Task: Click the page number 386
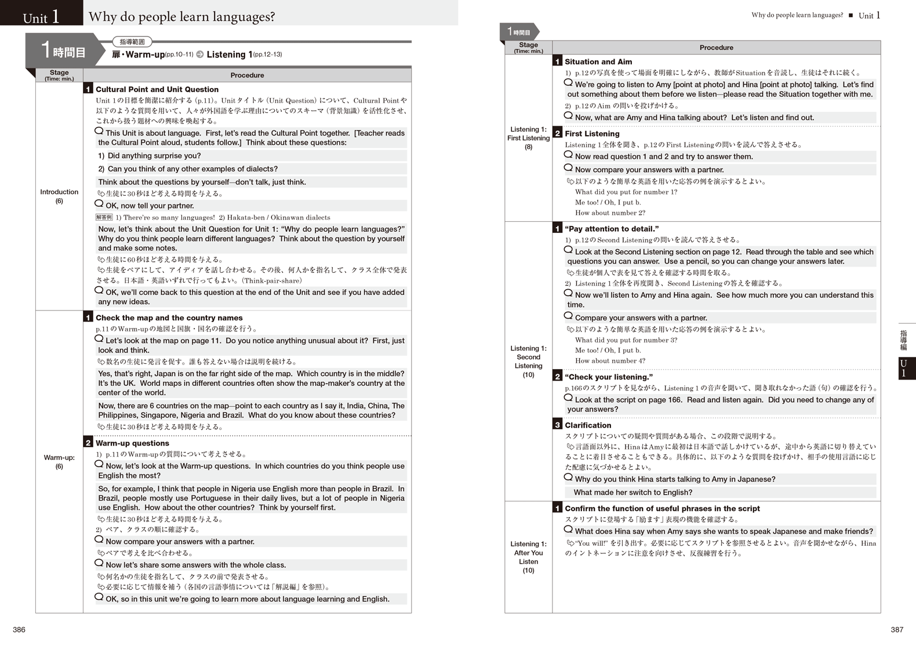pos(19,630)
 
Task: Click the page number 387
pos(896,630)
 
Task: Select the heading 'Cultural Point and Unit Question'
pos(157,89)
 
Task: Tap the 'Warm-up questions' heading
pos(132,443)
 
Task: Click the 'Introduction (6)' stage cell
pos(59,196)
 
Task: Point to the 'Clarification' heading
pos(588,425)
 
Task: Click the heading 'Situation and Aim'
pos(598,62)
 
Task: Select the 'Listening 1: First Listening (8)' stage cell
pos(528,138)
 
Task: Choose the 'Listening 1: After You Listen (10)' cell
pos(528,557)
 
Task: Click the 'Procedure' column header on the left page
pos(247,75)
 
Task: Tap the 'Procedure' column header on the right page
pos(716,48)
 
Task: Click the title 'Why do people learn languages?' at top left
pos(181,17)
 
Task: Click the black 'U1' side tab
pos(906,368)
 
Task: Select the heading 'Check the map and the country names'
pos(169,318)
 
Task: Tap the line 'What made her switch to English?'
pos(633,492)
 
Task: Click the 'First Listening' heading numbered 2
pos(592,134)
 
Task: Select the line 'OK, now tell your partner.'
pos(150,206)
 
